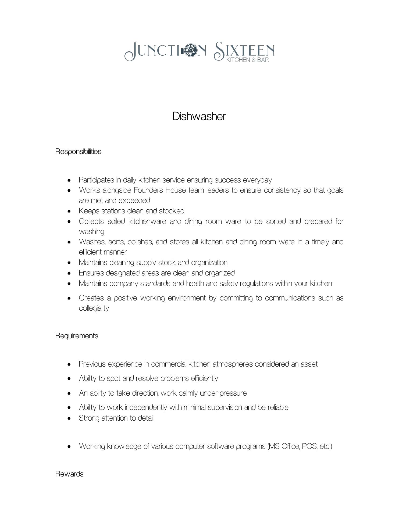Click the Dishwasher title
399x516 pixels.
click(199, 116)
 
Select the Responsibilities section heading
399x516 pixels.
click(78, 152)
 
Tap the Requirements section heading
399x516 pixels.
click(77, 336)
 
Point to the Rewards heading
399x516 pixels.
click(69, 474)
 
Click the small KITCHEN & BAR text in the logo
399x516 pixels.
click(247, 60)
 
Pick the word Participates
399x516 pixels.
click(96, 180)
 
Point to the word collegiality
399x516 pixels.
click(94, 308)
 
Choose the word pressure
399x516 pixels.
click(233, 393)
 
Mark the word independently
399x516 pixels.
click(146, 407)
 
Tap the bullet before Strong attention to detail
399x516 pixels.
click(70, 418)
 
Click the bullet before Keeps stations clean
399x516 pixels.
click(70, 211)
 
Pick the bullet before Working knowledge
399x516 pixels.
click(70, 447)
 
